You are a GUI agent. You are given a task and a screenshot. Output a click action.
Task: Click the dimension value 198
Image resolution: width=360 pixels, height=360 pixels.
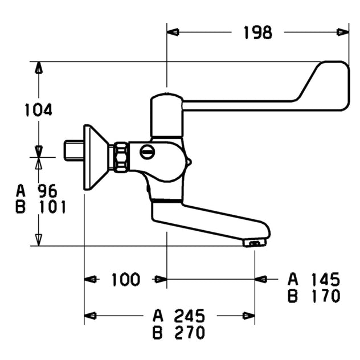pos(257,32)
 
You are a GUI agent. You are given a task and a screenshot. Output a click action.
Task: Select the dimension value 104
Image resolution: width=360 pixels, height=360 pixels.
pos(38,109)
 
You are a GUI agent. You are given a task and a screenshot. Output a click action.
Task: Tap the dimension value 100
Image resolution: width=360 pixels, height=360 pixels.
pos(125,279)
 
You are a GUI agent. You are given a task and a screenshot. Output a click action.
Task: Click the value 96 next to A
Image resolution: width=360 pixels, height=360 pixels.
pos(47,190)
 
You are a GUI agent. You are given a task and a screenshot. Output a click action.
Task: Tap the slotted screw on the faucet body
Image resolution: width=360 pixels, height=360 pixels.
pos(147,152)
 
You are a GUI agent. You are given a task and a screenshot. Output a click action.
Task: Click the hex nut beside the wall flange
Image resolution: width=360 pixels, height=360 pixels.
pos(121,157)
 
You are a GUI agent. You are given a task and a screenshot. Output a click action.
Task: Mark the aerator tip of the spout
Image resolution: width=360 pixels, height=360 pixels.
pos(255,243)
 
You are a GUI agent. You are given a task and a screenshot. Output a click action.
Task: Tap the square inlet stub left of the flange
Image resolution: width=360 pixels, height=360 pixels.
pos(72,151)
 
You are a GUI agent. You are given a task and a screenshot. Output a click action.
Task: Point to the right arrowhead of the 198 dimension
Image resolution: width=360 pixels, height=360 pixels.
pos(343,32)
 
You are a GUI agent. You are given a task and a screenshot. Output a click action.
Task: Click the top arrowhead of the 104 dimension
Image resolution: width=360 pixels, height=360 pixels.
pos(39,67)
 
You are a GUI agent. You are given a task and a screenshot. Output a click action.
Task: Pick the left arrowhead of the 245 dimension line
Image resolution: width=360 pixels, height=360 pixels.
pos(90,316)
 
